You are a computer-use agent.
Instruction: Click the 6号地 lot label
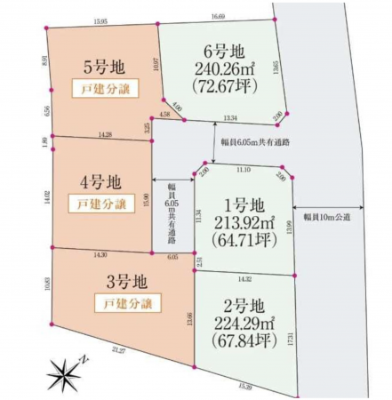click(x=218, y=50)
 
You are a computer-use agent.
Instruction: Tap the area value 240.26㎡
click(x=218, y=68)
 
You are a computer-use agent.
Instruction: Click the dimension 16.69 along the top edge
click(x=218, y=16)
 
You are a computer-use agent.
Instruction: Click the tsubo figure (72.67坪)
click(x=218, y=86)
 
